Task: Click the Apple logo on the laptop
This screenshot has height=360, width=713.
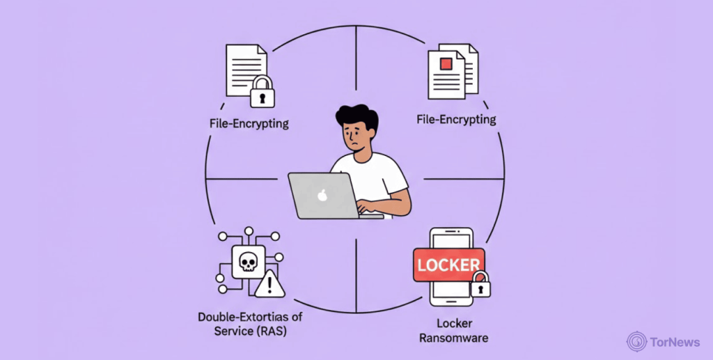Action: [322, 195]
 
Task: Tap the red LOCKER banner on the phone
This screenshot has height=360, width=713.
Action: [448, 265]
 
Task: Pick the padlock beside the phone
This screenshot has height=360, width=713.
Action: [480, 284]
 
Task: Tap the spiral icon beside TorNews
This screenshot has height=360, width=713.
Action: [636, 341]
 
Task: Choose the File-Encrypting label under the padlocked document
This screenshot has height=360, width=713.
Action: [249, 124]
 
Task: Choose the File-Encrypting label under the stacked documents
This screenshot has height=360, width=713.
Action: [456, 120]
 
